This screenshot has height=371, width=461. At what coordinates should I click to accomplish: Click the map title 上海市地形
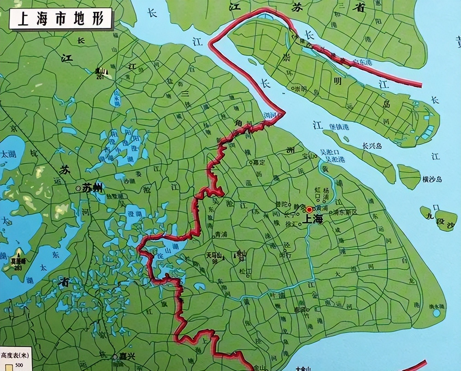click(x=61, y=18)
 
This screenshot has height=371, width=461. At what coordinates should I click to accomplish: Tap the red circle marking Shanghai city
click(x=309, y=209)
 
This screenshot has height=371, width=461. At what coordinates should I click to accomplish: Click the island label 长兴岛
click(x=372, y=146)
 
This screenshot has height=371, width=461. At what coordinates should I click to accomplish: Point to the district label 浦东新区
click(x=345, y=212)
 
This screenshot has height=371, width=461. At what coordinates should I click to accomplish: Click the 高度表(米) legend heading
click(x=15, y=355)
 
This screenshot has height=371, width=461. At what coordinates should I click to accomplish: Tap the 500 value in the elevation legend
click(x=19, y=365)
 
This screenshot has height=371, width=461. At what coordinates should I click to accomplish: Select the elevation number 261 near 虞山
click(x=100, y=77)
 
